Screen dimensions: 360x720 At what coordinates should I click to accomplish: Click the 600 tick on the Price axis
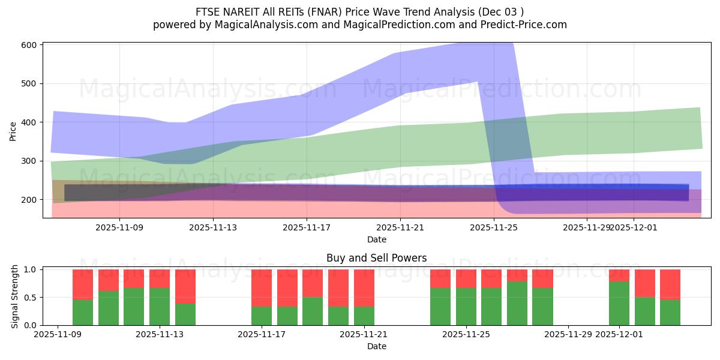tap(31, 45)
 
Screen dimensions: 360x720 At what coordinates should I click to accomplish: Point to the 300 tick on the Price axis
tap(31, 161)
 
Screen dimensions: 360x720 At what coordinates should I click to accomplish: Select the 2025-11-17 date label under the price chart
tap(307, 227)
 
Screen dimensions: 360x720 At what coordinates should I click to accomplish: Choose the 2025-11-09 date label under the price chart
tap(119, 227)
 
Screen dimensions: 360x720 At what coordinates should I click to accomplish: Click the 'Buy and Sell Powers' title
tap(376, 258)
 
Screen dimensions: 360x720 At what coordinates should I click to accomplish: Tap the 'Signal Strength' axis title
tap(15, 297)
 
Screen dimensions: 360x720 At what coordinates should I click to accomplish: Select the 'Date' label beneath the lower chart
tap(376, 346)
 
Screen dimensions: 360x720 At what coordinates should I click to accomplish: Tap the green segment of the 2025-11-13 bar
tap(160, 306)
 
